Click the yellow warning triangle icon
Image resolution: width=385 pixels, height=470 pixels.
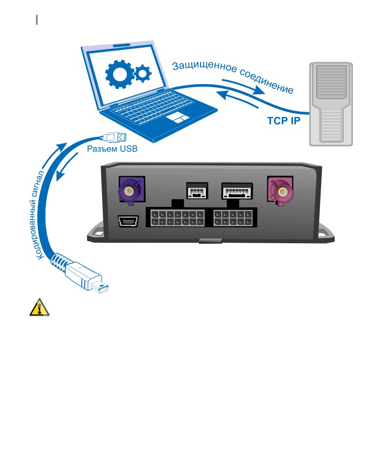click(x=39, y=307)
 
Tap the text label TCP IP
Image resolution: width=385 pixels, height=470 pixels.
click(x=283, y=121)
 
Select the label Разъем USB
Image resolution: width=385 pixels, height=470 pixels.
click(x=112, y=148)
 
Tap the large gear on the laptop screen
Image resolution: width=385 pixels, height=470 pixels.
click(x=120, y=74)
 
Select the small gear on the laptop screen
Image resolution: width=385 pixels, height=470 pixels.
click(x=143, y=73)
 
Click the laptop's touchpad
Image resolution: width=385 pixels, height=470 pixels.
click(x=178, y=117)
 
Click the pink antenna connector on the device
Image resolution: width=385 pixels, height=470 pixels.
click(x=280, y=191)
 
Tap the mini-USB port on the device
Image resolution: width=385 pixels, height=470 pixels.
click(x=128, y=221)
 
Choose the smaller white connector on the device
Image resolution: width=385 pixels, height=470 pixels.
click(x=197, y=191)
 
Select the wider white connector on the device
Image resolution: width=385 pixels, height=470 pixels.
click(x=237, y=191)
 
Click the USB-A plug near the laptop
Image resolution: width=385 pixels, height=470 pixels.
click(x=115, y=137)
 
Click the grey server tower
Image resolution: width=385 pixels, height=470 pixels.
click(x=331, y=104)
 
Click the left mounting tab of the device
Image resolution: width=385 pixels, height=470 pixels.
click(x=95, y=232)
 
